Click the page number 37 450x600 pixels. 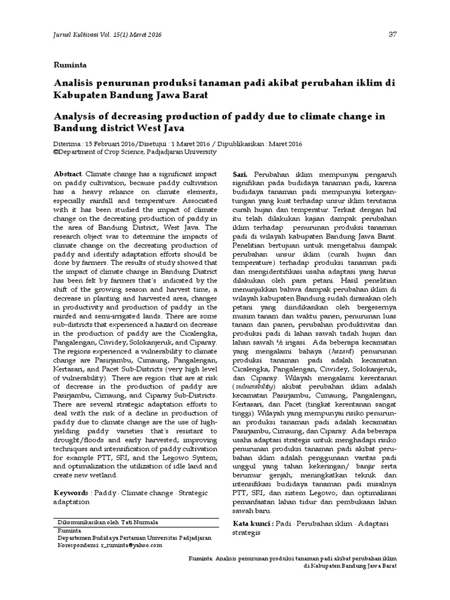(x=393, y=34)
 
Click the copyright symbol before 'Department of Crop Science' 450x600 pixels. (x=55, y=151)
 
